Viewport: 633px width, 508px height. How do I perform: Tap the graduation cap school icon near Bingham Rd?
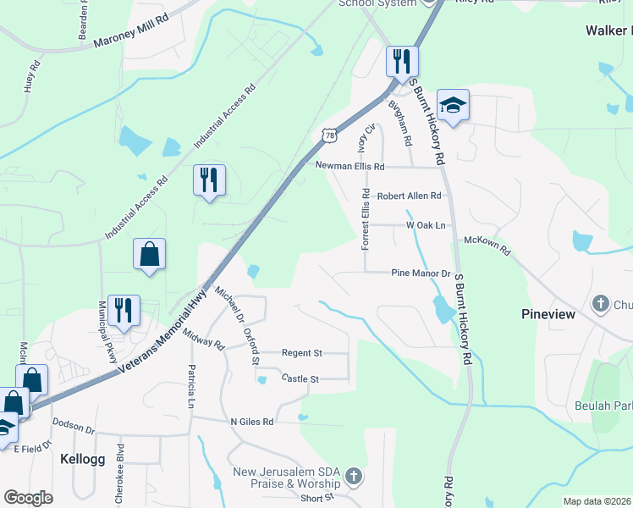click(x=453, y=106)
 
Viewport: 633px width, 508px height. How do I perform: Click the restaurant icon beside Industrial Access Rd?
click(x=209, y=180)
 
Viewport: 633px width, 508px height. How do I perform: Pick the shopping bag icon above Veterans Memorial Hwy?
click(x=149, y=254)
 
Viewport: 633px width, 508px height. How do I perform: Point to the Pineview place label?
click(x=548, y=314)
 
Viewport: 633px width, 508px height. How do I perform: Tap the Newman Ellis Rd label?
click(x=350, y=167)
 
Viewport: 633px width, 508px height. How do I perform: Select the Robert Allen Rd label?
click(x=410, y=196)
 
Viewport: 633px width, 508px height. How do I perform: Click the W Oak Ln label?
click(x=426, y=225)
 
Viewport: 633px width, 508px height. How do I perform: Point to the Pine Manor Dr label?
click(x=421, y=273)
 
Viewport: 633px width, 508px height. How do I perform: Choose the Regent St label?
click(x=302, y=352)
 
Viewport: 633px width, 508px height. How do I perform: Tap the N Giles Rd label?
click(x=252, y=421)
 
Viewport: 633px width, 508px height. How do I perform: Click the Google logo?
click(x=29, y=498)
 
